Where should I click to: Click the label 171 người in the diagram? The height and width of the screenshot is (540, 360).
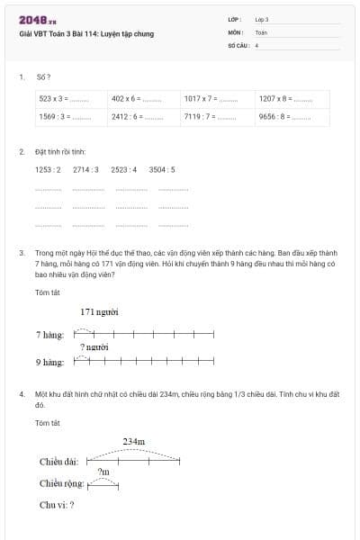tap(100, 312)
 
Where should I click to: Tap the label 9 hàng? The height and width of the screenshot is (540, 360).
tap(49, 363)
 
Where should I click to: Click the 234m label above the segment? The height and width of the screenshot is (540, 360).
tap(134, 441)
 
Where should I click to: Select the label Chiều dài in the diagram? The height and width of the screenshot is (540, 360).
tap(58, 462)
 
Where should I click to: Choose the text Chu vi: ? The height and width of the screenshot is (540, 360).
tap(57, 505)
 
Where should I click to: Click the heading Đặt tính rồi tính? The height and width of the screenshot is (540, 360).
tap(61, 152)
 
